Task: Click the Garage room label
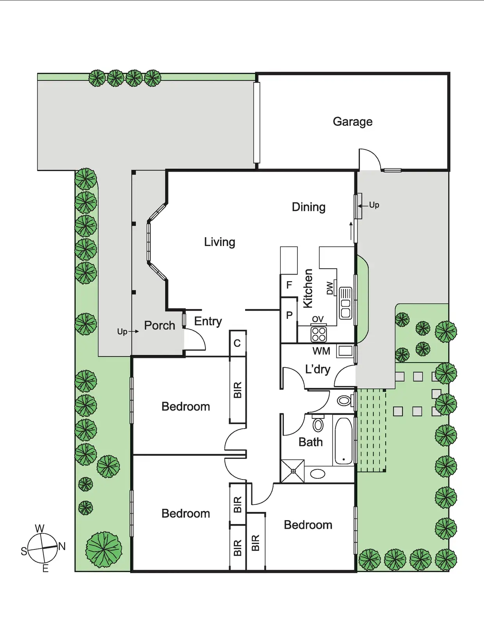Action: click(352, 122)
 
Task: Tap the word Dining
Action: click(308, 207)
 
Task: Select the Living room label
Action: click(219, 242)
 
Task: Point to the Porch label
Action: click(159, 326)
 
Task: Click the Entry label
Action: click(208, 321)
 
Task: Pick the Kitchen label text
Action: click(308, 289)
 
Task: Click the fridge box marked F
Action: click(289, 285)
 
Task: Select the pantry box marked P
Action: click(289, 315)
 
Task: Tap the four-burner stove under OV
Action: click(319, 334)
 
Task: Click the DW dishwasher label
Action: click(330, 288)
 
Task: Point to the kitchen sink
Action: click(345, 303)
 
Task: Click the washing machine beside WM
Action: click(345, 351)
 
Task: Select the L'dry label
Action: click(317, 369)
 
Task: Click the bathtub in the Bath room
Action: click(343, 441)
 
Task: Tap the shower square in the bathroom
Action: click(293, 471)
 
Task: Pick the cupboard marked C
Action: click(237, 343)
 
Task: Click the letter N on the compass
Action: click(62, 547)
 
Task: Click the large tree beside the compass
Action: click(104, 549)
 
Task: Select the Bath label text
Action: click(310, 442)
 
